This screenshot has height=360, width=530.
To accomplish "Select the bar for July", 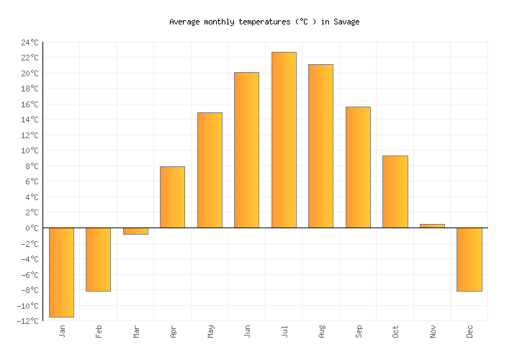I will [284, 140].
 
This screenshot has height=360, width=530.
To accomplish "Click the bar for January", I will [61, 272].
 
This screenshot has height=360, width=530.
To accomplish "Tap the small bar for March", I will [135, 231].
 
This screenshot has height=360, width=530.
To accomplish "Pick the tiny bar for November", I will [432, 226].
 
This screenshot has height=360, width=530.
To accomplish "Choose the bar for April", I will [172, 197].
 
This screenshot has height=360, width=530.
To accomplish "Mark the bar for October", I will [395, 192].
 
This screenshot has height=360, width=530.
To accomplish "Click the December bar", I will [469, 259].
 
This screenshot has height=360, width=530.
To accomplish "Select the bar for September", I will [358, 167].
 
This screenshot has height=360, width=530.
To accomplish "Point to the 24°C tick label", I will [30, 42].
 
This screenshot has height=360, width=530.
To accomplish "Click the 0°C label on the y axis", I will [32, 228].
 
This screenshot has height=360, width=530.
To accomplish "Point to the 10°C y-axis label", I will [30, 150].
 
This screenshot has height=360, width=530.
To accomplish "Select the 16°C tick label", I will [30, 104].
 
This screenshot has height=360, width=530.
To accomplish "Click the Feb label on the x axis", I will [99, 331].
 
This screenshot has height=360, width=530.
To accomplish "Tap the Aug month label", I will [321, 331].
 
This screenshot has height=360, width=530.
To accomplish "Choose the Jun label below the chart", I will [247, 331].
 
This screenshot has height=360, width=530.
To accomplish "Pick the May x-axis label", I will [210, 331].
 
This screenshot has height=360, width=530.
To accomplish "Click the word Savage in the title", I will [346, 22].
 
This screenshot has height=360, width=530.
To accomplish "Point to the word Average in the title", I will [184, 22].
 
